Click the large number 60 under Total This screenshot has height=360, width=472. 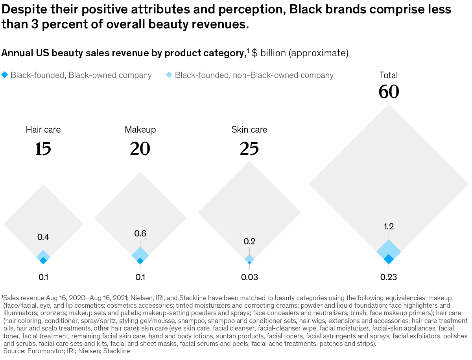tap(389, 92)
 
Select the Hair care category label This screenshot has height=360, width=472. tap(43, 129)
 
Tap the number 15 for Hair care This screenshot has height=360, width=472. tap(43, 149)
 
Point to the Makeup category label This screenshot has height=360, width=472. tap(140, 129)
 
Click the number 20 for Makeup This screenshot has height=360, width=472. tap(140, 149)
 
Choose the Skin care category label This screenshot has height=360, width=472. tap(249, 129)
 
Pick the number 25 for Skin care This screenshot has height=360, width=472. tap(249, 149)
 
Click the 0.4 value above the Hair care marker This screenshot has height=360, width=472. tap(43, 237)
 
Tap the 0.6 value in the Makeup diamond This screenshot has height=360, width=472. tap(140, 234)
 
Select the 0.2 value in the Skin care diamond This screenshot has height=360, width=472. tap(249, 242)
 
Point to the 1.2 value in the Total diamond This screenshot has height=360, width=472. tap(389, 226)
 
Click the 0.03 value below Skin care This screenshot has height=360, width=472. tap(249, 277)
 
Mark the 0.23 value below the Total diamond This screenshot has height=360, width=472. tap(389, 277)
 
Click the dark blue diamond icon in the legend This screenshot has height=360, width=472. tap(5, 75)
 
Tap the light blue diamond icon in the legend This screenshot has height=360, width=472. tap(169, 75)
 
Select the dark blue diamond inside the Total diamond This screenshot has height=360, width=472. tap(389, 259)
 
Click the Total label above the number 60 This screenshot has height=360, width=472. tap(389, 75)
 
